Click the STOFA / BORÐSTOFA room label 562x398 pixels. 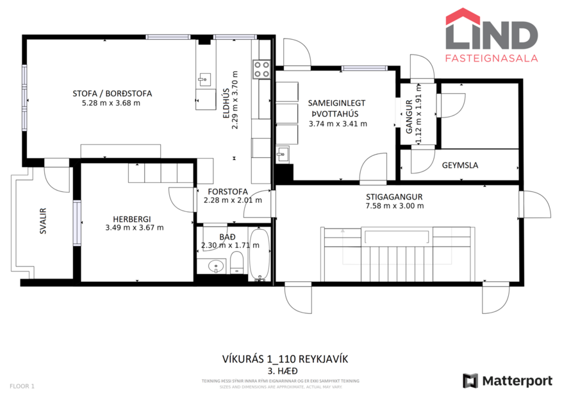[x=112, y=93]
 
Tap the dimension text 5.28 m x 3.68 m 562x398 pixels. [x=112, y=103]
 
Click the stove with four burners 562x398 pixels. [x=261, y=69]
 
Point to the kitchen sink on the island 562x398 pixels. [x=204, y=80]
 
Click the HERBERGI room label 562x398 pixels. [x=131, y=218]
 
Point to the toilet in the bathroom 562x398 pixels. [x=236, y=261]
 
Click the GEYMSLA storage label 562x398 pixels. [x=459, y=165]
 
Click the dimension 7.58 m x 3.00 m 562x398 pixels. [x=394, y=206]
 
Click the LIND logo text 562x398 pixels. [x=492, y=35]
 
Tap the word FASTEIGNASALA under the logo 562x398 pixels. [x=492, y=58]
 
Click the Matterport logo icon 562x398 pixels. [x=471, y=380]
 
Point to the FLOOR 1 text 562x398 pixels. [x=22, y=386]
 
